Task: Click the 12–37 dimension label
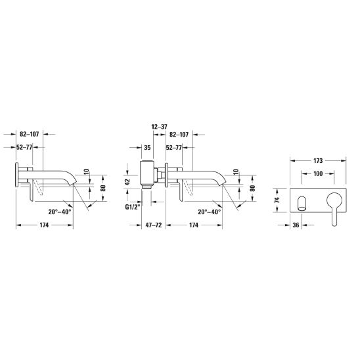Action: click(160, 127)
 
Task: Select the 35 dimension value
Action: click(147, 147)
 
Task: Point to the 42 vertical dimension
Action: click(127, 181)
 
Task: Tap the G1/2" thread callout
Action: click(133, 207)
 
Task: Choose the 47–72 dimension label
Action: click(154, 225)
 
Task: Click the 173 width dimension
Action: click(318, 161)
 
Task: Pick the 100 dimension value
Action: click(318, 174)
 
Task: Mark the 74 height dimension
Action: click(277, 200)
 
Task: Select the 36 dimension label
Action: click(296, 225)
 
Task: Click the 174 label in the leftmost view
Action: click(44, 225)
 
